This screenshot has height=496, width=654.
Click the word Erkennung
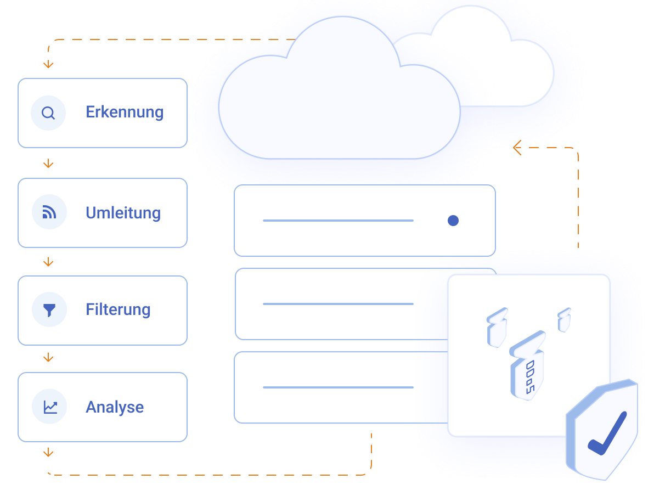[x=125, y=112]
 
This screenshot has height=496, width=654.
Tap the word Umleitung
[x=123, y=213]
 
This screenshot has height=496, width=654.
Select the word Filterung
[x=118, y=309]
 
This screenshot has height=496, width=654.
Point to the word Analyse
[x=115, y=407]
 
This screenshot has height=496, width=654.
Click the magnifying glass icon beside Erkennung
[x=48, y=113]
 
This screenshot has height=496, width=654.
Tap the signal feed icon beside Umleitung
[x=49, y=212]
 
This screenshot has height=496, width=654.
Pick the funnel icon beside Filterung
[x=49, y=310]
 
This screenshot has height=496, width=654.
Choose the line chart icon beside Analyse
[x=49, y=407]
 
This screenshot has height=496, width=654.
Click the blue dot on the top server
[x=453, y=221]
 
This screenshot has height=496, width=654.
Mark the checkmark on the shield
[x=606, y=434]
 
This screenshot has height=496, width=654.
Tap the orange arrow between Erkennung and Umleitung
[x=48, y=164]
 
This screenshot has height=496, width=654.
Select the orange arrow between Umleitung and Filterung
[x=48, y=262]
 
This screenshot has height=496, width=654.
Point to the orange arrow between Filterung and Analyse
[x=48, y=358]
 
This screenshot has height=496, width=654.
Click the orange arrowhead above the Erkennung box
[x=48, y=64]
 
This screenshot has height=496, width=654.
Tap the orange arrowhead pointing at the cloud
[x=516, y=147]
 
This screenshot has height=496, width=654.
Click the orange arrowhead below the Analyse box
[x=48, y=453]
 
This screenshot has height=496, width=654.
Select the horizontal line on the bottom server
[x=338, y=387]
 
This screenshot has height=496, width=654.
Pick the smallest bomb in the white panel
[x=564, y=319]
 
